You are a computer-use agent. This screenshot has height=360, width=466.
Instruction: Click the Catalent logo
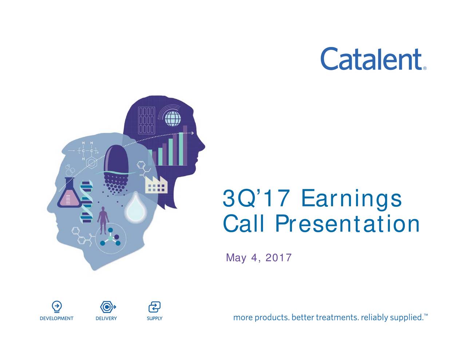[371, 59]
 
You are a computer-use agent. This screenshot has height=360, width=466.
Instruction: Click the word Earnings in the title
[351, 199]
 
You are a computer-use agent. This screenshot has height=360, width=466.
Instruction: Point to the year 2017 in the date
[279, 258]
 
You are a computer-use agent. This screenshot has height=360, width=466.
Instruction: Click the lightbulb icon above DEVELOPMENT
[56, 307]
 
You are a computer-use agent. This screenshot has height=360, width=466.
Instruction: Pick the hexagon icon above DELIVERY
[106, 307]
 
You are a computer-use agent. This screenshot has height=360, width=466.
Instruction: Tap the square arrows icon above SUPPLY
[154, 307]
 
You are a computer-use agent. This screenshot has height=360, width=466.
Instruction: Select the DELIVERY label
[106, 319]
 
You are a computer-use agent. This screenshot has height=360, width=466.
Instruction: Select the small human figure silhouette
[103, 220]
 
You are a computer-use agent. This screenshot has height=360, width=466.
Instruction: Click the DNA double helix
[87, 202]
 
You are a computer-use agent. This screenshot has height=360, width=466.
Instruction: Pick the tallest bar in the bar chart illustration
[185, 145]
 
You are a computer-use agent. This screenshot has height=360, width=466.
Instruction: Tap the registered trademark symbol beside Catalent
[425, 68]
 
